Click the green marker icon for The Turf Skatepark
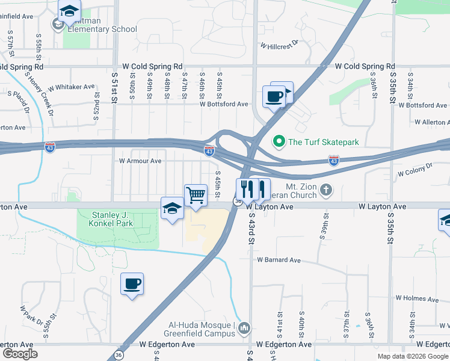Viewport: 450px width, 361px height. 279,142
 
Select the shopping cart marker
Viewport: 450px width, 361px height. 196,195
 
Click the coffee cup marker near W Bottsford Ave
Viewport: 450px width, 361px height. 274,96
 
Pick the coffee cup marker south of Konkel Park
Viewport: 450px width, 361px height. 132,283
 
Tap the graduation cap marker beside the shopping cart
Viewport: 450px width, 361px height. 172,208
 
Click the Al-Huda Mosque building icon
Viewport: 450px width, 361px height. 244,328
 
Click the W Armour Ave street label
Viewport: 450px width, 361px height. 140,161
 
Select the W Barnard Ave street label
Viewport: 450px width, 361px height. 279,260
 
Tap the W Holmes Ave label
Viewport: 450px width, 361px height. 416,298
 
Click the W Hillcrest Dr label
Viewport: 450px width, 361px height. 279,45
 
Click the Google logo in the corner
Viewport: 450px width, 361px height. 20,354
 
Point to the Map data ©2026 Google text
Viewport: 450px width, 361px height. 412,356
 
